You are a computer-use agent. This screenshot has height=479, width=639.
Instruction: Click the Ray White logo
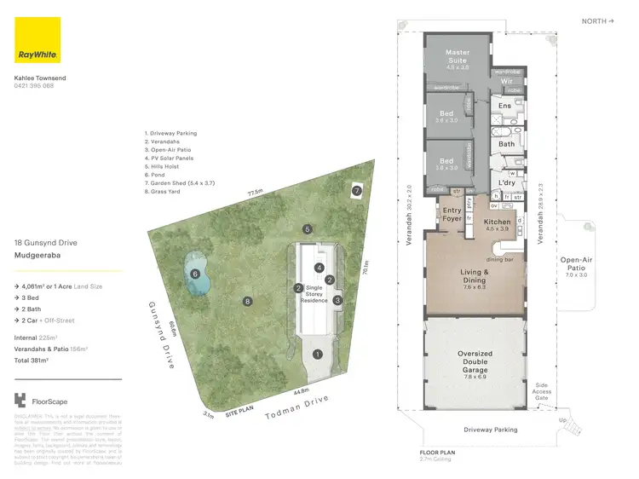coord(37,40)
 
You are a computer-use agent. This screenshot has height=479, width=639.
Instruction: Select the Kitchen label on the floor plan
coord(497,224)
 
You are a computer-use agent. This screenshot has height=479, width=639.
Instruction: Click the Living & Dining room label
coord(475,277)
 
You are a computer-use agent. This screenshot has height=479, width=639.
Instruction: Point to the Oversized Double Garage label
coord(475,362)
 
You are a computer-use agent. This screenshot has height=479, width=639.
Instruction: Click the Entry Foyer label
coord(452,214)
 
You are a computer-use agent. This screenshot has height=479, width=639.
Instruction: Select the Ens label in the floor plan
coord(504,107)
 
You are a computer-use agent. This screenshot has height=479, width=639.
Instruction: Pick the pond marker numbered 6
coord(195,274)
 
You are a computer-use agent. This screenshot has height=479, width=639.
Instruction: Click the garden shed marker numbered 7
coord(357,191)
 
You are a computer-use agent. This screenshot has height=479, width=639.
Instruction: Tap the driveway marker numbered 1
coord(318,354)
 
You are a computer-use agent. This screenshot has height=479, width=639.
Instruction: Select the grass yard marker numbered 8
coord(248,301)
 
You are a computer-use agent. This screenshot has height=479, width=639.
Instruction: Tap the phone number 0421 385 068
coord(34,86)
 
